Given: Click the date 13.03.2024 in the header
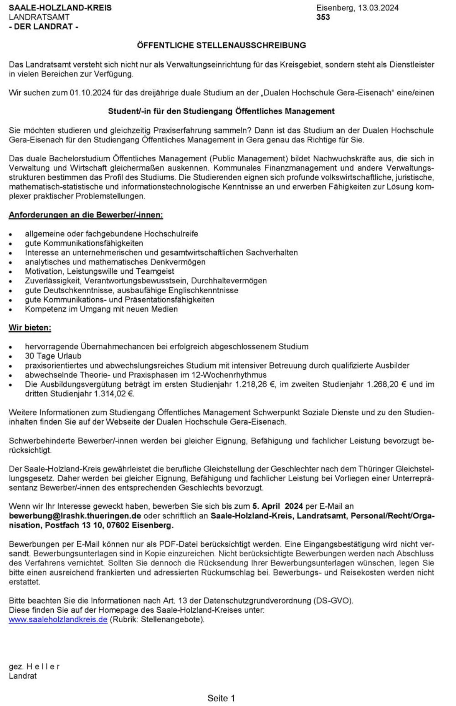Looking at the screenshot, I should coord(378,8).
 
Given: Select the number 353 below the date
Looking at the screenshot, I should coord(323,17).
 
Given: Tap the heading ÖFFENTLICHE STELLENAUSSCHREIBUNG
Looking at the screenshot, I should coord(221,45).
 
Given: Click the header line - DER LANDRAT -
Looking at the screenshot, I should coord(44,27).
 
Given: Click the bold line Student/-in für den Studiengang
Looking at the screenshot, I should coord(221,111).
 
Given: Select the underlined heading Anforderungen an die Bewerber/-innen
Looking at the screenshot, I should coord(86,215).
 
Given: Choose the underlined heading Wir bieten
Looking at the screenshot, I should coord(30,328).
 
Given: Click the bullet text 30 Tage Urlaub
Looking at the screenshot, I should coord(53,356).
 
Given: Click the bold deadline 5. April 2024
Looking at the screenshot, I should coord(278,506).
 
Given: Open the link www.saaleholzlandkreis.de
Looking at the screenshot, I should coord(58,620).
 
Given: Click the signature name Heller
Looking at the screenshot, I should coord(43,666).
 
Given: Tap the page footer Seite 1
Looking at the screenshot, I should coord(221,698).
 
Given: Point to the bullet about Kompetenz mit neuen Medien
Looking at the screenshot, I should coord(101,309).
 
